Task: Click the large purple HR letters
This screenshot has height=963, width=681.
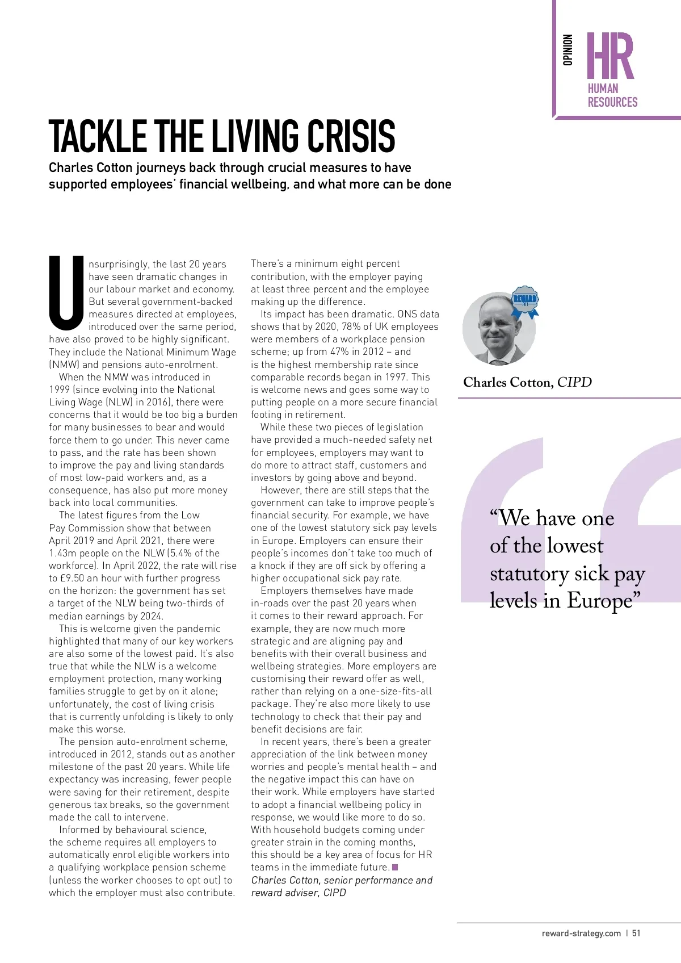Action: tap(610, 56)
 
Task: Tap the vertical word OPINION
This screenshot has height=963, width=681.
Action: tap(567, 50)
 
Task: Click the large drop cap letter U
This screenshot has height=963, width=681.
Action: tap(67, 294)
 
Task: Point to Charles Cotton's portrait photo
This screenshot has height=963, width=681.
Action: tap(498, 329)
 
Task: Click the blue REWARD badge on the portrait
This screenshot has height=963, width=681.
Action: tap(525, 302)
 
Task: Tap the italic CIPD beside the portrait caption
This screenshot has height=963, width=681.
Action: tap(574, 382)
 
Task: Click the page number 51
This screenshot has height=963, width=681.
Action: tap(636, 933)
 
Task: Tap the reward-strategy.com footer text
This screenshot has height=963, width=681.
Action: tap(581, 933)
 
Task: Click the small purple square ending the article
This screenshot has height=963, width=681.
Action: tap(395, 867)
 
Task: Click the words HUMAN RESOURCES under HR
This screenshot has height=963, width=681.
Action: tap(612, 95)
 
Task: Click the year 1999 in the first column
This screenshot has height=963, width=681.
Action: tap(59, 390)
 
